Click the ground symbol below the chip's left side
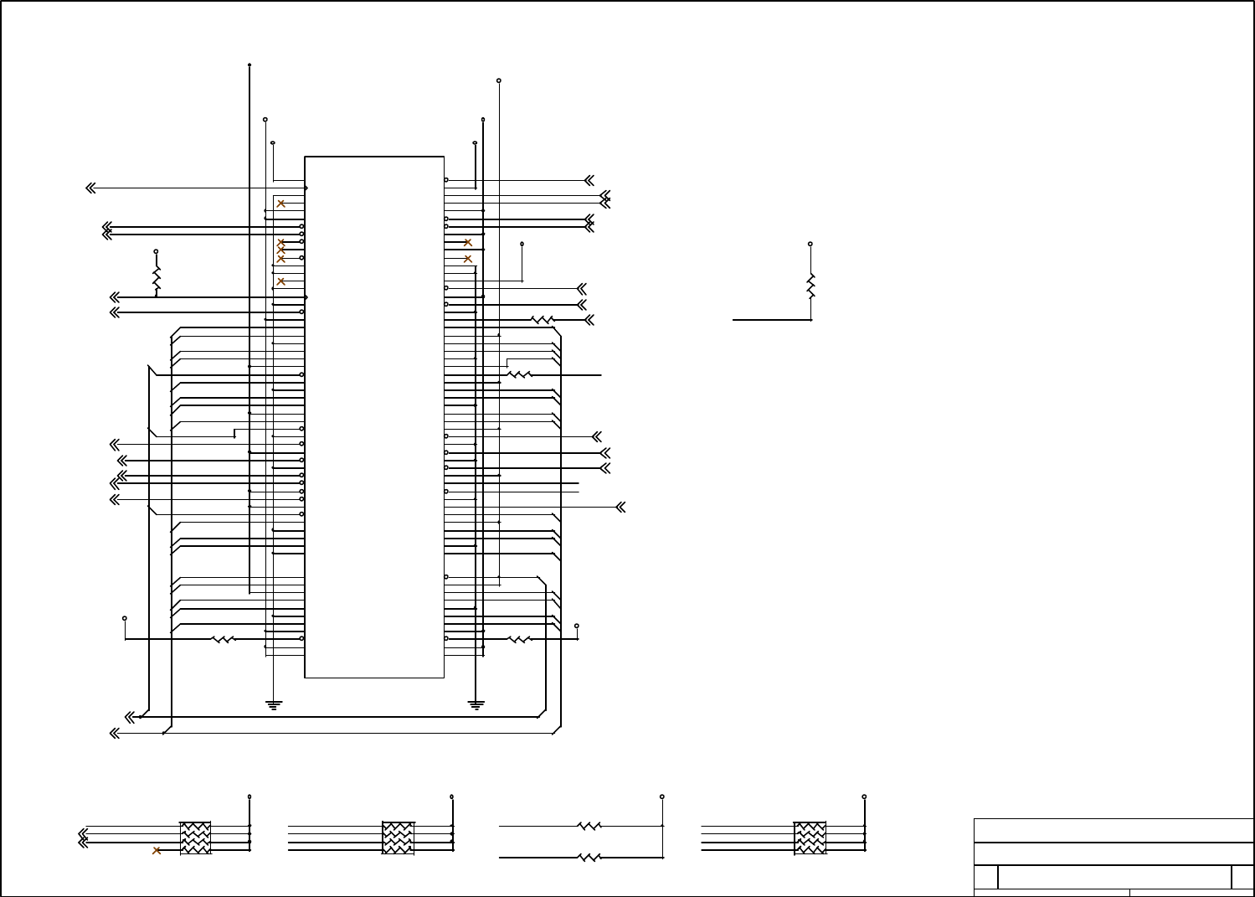(x=273, y=704)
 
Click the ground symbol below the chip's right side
(x=476, y=704)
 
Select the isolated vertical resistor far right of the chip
(x=810, y=286)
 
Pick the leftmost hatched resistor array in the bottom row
(x=195, y=838)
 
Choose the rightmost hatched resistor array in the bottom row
(x=810, y=838)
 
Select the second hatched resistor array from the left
(x=398, y=838)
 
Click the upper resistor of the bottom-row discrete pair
(x=589, y=826)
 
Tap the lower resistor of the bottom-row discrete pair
(x=589, y=858)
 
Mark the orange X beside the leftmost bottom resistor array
(x=157, y=851)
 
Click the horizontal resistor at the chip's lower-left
(x=223, y=640)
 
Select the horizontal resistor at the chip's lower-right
(x=520, y=640)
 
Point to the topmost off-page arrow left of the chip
(x=90, y=188)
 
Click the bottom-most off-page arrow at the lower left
(x=115, y=734)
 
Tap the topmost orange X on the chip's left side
(x=281, y=204)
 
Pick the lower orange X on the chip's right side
(x=468, y=259)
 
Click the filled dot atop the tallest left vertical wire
(x=249, y=64)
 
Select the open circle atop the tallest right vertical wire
(x=499, y=80)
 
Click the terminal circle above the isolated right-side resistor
(x=810, y=245)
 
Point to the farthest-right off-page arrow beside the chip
(x=621, y=508)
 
